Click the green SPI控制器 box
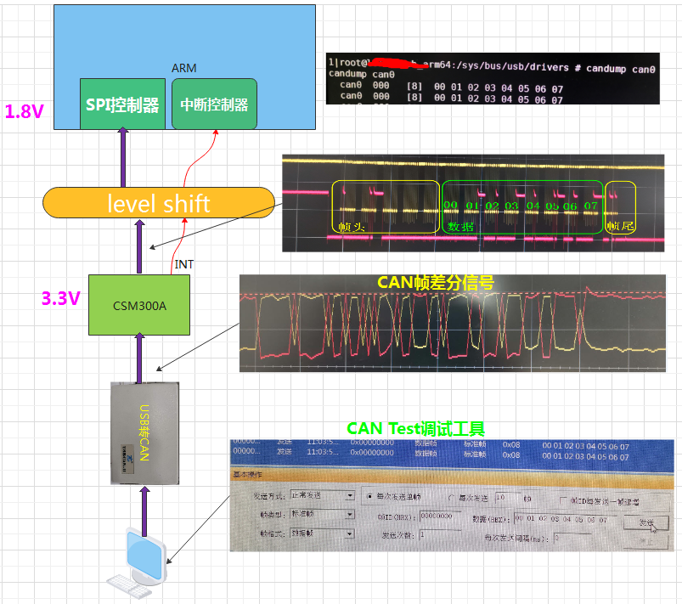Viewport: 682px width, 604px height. coord(122,104)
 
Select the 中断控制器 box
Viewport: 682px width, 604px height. coord(214,104)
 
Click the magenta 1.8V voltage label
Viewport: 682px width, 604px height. coord(24,111)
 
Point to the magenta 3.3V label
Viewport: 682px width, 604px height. coord(61,298)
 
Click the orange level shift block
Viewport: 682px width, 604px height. coord(159,204)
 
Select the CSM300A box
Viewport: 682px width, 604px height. coord(139,304)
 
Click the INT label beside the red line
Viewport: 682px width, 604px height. coord(183,264)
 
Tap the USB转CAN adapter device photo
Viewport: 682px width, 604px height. coord(145,432)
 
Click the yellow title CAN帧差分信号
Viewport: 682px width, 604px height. coord(435,283)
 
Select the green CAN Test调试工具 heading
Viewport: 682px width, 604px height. coord(415,428)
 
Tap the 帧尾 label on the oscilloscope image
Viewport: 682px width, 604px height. coord(619,227)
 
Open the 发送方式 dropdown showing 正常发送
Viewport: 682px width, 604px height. coord(323,495)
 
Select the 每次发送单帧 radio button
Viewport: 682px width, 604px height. coord(368,496)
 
